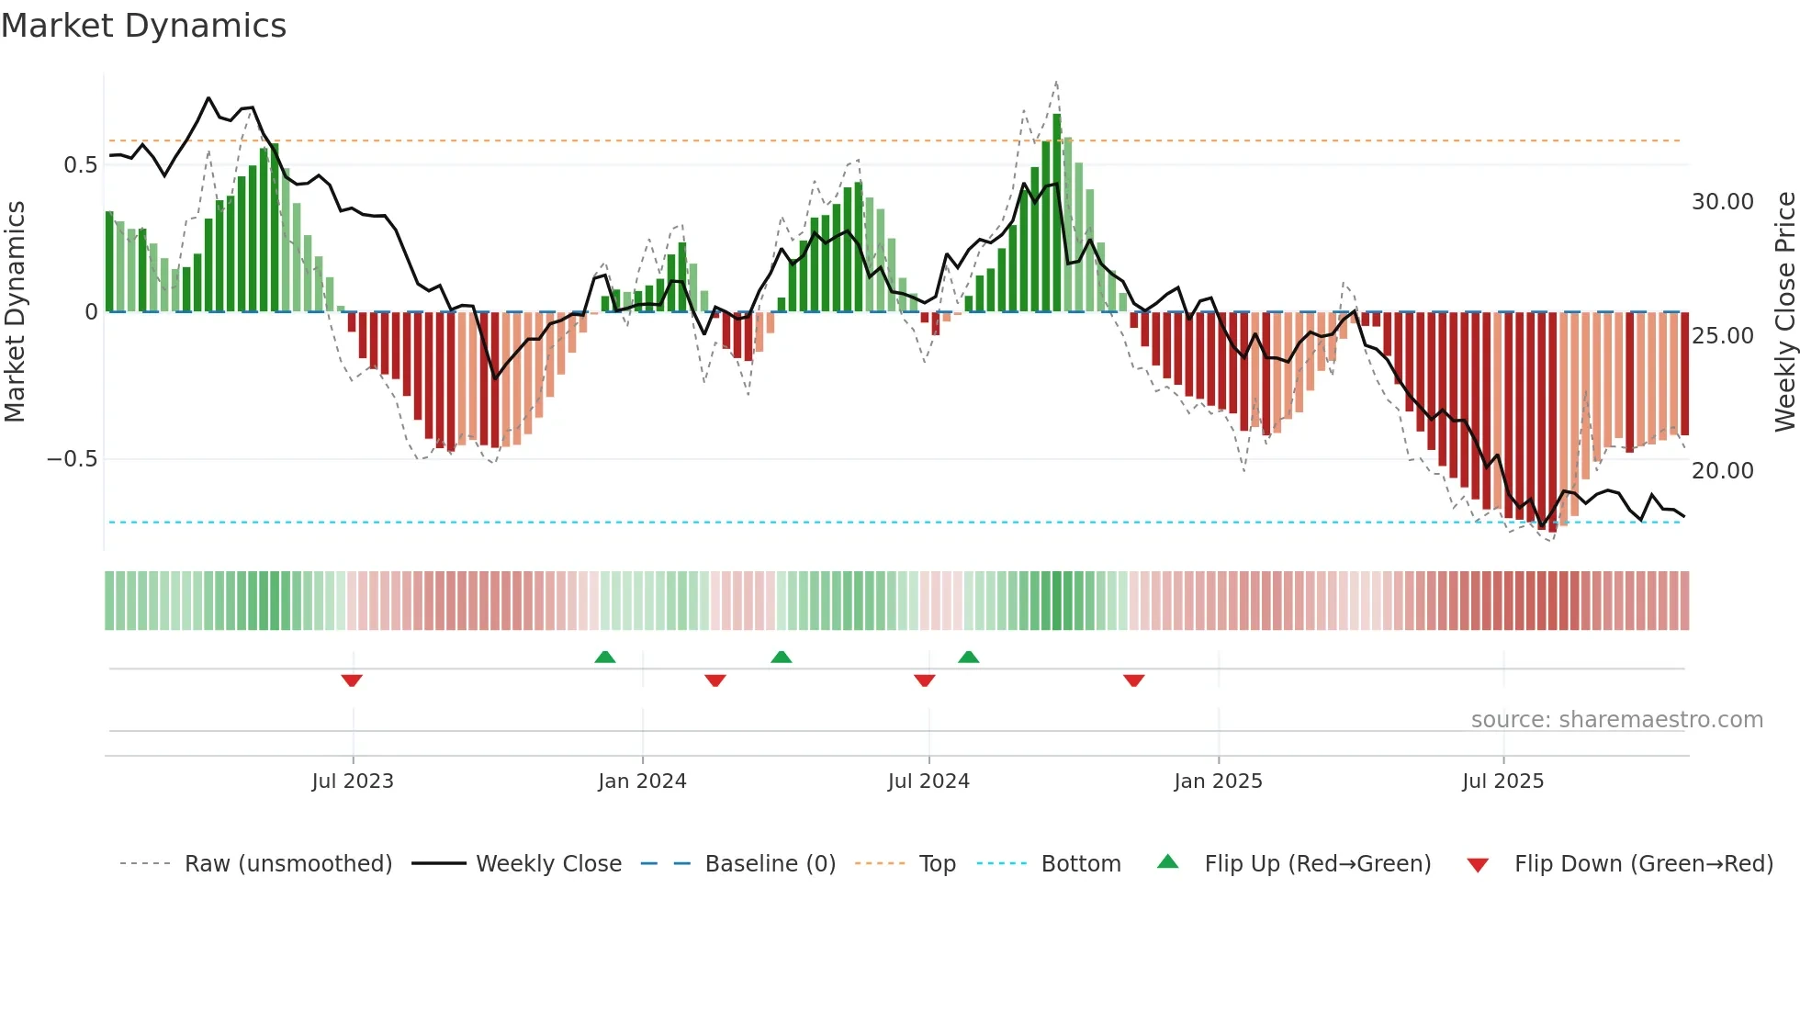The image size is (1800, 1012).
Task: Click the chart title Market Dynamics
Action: coord(143,26)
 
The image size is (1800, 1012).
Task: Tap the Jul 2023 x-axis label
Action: coord(352,781)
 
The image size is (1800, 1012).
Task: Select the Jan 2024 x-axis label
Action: coord(642,781)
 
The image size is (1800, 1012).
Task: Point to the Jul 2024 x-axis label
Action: coord(928,781)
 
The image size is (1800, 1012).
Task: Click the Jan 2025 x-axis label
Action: coord(1218,781)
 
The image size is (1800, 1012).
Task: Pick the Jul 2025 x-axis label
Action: coord(1502,781)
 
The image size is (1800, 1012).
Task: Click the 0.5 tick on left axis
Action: coord(80,165)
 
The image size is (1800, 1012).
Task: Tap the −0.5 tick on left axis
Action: coord(73,459)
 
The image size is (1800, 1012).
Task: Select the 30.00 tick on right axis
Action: coord(1722,202)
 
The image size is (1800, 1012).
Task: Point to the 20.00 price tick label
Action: coord(1722,471)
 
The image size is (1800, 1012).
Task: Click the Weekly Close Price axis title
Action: coord(1784,312)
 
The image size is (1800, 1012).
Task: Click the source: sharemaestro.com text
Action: coord(1616,720)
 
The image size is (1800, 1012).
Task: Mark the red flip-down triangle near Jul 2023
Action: coord(352,680)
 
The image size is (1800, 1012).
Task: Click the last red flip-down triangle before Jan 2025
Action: coord(1133,680)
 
